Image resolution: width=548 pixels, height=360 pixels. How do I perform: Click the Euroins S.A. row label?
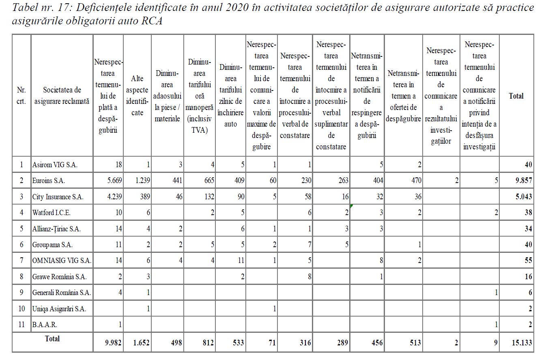pyautogui.click(x=49, y=181)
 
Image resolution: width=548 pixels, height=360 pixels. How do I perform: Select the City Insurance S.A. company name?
pyautogui.click(x=58, y=197)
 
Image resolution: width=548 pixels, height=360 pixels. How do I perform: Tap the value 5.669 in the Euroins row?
pyautogui.click(x=113, y=181)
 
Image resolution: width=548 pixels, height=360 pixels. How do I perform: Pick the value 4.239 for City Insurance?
pyautogui.click(x=113, y=197)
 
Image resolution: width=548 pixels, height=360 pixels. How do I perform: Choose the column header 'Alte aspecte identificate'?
pyautogui.click(x=137, y=96)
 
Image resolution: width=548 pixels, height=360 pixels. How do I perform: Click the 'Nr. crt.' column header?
pyautogui.click(x=21, y=96)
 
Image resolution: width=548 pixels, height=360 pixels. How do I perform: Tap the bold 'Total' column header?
pyautogui.click(x=516, y=96)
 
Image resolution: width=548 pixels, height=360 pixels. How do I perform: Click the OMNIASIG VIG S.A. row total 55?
pyautogui.click(x=528, y=261)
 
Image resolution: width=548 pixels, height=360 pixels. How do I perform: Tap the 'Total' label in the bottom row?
pyautogui.click(x=52, y=339)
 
